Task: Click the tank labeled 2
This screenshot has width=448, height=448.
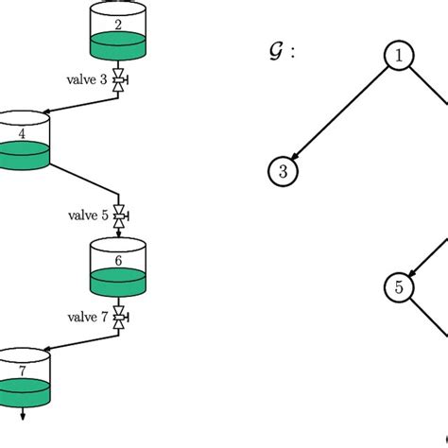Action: tap(117, 34)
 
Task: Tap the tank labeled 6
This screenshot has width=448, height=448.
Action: tap(117, 267)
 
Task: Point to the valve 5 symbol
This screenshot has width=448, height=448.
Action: tap(119, 215)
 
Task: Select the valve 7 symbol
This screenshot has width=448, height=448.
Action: tap(119, 318)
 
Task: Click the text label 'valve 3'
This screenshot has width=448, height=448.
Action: tap(86, 80)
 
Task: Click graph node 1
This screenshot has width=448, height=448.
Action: tap(398, 56)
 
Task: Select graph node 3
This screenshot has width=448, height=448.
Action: tap(283, 171)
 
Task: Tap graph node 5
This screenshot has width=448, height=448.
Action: tap(398, 287)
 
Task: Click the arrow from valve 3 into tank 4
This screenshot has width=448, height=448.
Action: tap(80, 103)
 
